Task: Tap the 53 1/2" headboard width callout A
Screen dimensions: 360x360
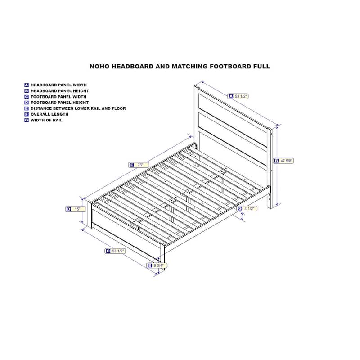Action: coord(238,96)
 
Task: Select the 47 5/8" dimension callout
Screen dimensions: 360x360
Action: coord(283,161)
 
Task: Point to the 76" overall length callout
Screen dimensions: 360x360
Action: coord(139,165)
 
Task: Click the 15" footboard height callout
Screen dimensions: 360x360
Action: coord(76,209)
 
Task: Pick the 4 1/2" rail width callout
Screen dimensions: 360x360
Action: coord(247,209)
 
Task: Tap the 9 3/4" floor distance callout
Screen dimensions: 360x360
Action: coord(157,265)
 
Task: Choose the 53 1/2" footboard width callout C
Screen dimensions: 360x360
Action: coord(115,251)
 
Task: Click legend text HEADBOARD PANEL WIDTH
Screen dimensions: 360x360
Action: coord(59,85)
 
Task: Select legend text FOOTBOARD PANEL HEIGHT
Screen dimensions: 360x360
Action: coord(60,103)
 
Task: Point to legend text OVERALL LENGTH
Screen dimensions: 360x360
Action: coord(49,114)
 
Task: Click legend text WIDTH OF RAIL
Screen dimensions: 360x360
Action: coord(47,120)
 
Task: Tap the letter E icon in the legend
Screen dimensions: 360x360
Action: coord(27,108)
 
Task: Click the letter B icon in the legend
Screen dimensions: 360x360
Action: coord(27,91)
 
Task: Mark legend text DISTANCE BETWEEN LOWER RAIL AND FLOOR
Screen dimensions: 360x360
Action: coord(78,108)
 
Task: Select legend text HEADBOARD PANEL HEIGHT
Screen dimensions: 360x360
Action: coord(60,91)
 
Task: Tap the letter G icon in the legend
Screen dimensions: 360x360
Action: coord(27,120)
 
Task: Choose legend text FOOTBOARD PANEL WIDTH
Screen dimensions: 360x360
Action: coord(58,97)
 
